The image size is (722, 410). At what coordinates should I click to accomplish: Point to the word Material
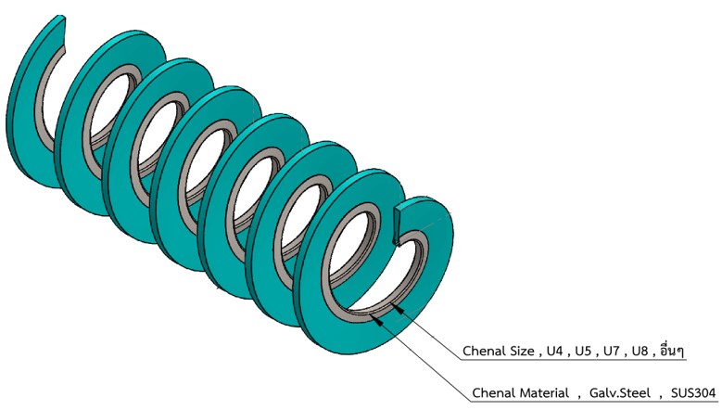tap(542, 392)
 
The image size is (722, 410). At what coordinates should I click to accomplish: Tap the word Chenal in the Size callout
tap(486, 351)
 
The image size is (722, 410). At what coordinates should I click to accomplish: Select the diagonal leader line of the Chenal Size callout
tap(431, 335)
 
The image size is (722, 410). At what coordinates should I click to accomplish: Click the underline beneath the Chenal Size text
tap(575, 362)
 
